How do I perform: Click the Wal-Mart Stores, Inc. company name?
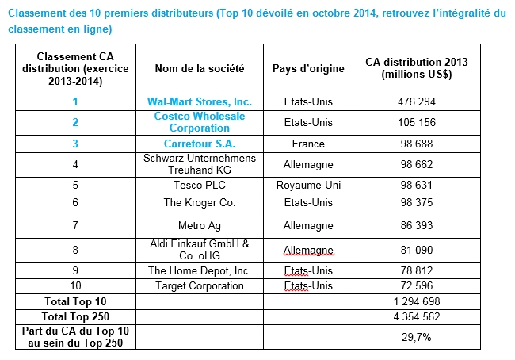click(x=200, y=102)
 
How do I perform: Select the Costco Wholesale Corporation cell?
click(x=200, y=122)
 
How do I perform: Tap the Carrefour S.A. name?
click(x=200, y=144)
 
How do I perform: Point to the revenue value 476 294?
click(x=417, y=102)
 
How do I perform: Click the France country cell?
click(x=308, y=144)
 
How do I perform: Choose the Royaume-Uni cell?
click(x=308, y=185)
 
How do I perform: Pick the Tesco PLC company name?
click(x=200, y=185)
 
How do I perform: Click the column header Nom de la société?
click(x=200, y=68)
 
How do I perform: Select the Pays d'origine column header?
click(x=308, y=68)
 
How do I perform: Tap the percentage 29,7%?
click(x=417, y=337)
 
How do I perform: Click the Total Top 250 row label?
click(x=75, y=316)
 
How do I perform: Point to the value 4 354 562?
click(x=417, y=316)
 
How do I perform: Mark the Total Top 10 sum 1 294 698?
click(x=417, y=301)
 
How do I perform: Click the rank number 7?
click(x=75, y=225)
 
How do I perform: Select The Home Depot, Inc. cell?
click(x=200, y=270)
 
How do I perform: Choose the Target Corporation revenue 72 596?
click(x=417, y=285)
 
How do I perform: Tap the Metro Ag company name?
click(x=200, y=226)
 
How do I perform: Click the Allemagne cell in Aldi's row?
click(x=308, y=251)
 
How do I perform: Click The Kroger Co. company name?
click(x=200, y=202)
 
